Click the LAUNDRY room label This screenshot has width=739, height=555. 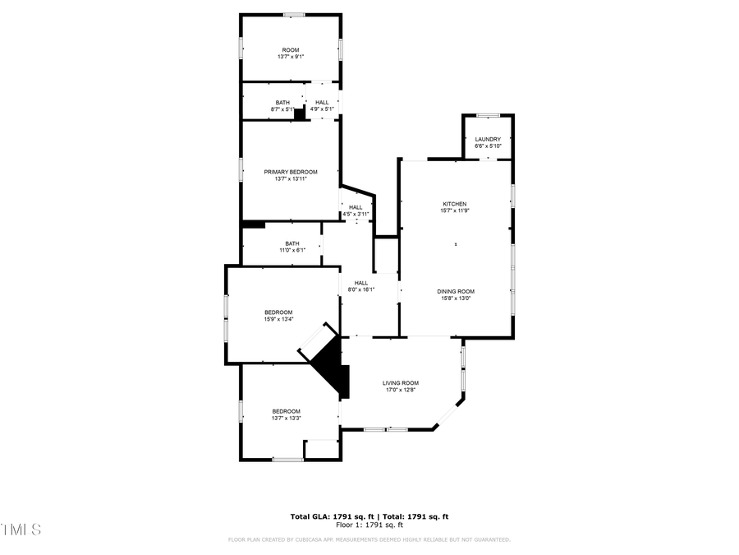point(487,139)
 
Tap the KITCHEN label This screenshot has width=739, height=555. point(455,204)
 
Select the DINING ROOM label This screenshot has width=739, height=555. point(455,291)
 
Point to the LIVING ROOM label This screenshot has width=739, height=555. point(401,383)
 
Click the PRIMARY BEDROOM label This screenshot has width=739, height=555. point(290,172)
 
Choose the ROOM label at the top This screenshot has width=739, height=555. point(290,49)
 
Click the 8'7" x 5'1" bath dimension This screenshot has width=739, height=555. point(282,109)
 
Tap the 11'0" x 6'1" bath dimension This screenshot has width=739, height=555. point(291,250)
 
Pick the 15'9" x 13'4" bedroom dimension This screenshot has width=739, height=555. point(278,319)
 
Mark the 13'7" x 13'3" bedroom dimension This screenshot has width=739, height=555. point(287,419)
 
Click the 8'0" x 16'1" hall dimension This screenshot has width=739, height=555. point(361,289)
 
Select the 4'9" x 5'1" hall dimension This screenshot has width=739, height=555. point(322,109)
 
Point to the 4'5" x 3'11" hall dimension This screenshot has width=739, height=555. point(356,214)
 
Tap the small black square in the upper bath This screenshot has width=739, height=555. point(300,115)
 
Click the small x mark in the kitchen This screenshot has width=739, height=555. point(457,243)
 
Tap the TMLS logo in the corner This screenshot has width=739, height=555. point(21,529)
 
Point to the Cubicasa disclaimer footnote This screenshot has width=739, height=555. point(369,539)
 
